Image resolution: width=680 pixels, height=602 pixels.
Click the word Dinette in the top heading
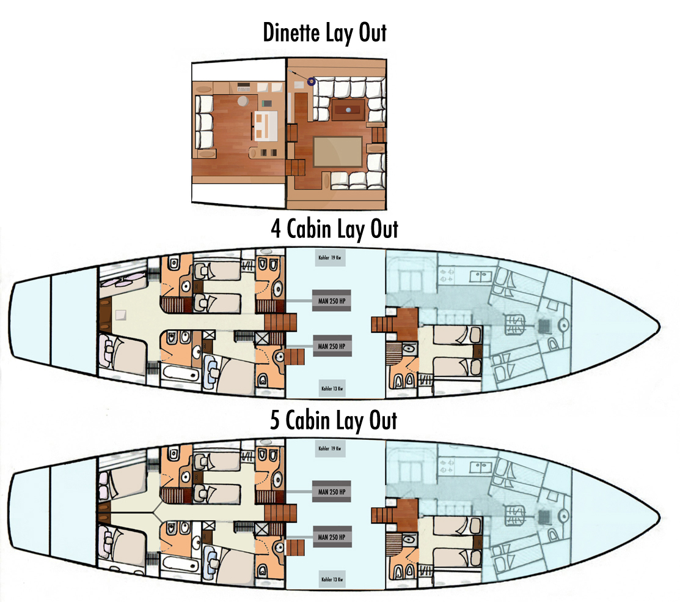tap(291, 32)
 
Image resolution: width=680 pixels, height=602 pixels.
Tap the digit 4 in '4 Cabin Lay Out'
tap(276, 229)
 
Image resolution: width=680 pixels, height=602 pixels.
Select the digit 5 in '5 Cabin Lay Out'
tap(275, 420)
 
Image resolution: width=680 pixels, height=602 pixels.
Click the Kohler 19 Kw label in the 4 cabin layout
tap(330, 258)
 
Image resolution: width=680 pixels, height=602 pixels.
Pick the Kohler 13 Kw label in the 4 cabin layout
tap(332, 388)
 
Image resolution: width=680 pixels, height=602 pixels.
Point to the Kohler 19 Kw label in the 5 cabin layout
tap(330, 448)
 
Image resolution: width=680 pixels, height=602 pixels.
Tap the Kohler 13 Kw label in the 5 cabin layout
tap(332, 579)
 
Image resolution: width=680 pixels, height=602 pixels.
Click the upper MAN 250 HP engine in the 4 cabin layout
tap(332, 301)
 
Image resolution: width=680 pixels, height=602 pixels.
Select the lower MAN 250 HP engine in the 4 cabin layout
tap(332, 346)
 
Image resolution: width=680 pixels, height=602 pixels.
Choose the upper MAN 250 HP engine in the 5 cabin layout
tap(332, 492)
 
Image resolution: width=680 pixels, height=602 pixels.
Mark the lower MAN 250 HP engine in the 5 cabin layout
tap(332, 537)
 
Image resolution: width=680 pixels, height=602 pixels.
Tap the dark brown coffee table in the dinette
tap(348, 110)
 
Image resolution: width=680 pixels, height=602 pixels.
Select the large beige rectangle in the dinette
tap(338, 152)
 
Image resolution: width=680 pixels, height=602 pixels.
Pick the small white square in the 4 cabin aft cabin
tap(120, 314)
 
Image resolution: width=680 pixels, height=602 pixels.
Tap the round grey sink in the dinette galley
tap(243, 101)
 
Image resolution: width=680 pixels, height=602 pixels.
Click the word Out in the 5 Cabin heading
tap(383, 420)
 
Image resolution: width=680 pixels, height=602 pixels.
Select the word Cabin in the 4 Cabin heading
tap(309, 229)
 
